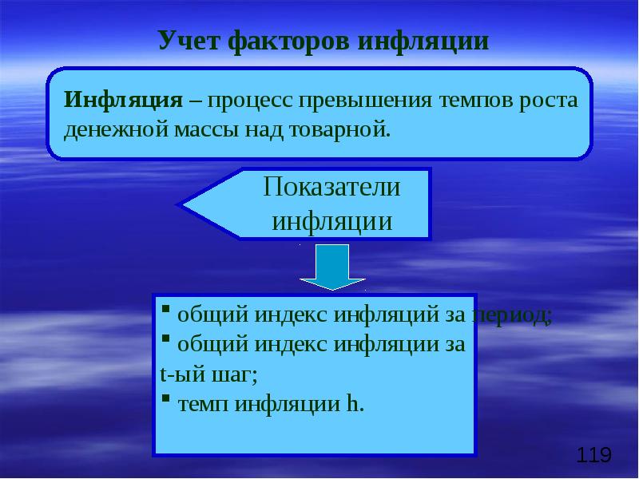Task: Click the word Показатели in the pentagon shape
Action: tap(332, 188)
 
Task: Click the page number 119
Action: tap(593, 456)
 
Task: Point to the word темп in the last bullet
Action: tap(197, 403)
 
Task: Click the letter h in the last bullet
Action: tap(353, 403)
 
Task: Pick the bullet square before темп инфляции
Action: tap(165, 398)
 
